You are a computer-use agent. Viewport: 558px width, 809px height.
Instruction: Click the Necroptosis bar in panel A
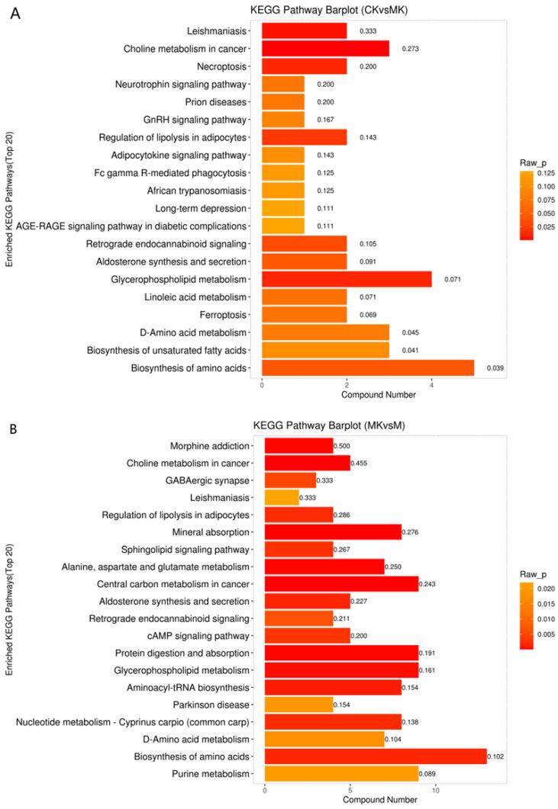point(304,66)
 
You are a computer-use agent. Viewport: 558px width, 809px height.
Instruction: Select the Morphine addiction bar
point(298,445)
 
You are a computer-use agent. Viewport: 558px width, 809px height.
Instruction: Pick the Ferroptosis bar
point(304,314)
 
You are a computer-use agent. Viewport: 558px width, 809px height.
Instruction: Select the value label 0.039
point(495,368)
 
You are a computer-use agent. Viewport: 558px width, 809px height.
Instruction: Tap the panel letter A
point(15,14)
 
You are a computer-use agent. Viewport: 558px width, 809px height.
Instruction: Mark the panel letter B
point(14,429)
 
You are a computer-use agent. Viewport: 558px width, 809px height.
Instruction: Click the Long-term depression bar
point(283,207)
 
